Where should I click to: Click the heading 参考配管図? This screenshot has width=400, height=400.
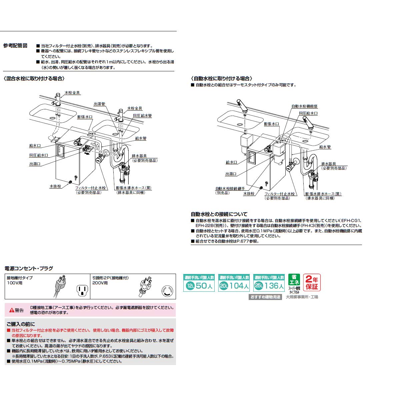[x=15, y=46]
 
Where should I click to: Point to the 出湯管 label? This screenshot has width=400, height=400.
[x=99, y=104]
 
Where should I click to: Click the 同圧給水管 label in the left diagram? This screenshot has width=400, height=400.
[x=142, y=115]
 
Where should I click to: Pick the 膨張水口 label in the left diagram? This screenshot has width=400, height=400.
[x=85, y=117]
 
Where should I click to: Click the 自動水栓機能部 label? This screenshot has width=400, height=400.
[x=304, y=106]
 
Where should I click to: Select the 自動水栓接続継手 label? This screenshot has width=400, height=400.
[x=228, y=188]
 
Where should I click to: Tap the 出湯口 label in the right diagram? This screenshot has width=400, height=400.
[x=231, y=174]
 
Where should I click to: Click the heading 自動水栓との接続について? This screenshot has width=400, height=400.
[x=219, y=214]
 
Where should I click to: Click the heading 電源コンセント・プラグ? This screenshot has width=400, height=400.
[x=29, y=268]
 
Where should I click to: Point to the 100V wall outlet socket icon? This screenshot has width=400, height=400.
[x=81, y=290]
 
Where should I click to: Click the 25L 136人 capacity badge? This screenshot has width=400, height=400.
[x=269, y=283]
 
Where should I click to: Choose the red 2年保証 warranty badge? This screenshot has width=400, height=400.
[x=312, y=282]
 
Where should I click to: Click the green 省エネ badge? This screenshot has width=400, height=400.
[x=294, y=279]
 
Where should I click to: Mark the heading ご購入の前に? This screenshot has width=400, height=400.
[x=20, y=324]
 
